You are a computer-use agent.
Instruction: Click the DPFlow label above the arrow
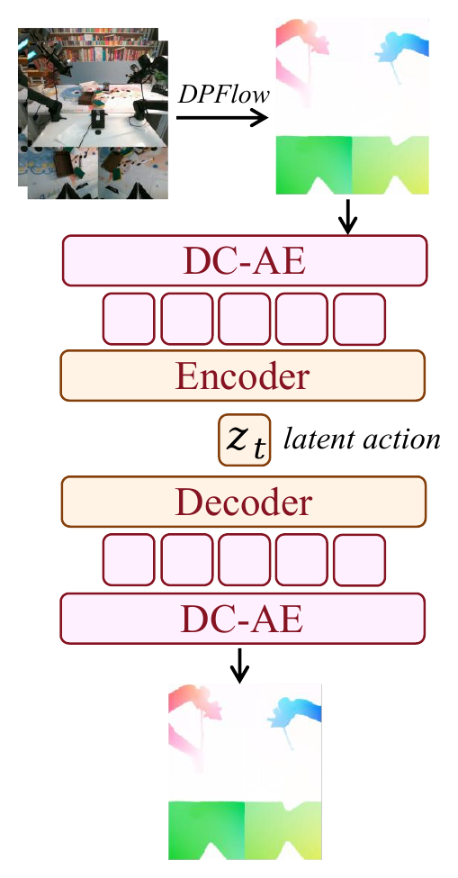[x=224, y=95]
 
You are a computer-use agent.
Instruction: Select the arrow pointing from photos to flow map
[x=222, y=118]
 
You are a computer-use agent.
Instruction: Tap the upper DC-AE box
[x=245, y=260]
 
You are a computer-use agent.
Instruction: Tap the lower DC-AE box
[x=243, y=619]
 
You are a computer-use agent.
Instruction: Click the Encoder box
[x=243, y=376]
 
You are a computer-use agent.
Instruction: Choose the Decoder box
[x=244, y=502]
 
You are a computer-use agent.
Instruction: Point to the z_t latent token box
[x=245, y=440]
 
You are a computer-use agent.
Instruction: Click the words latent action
[x=362, y=439]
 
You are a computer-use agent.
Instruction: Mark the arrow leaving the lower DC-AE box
[x=240, y=665]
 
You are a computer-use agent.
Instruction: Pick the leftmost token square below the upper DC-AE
[x=129, y=319]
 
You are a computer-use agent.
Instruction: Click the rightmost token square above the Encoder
[x=360, y=319]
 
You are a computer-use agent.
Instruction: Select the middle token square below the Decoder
[x=244, y=560]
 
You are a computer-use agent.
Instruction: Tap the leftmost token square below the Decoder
[x=129, y=560]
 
